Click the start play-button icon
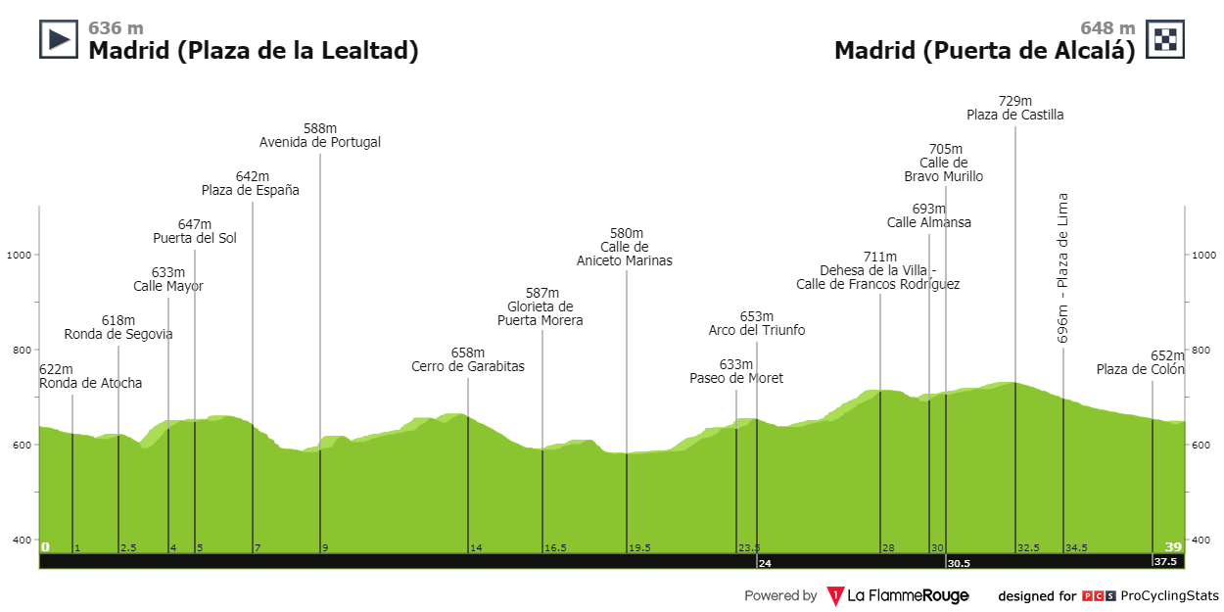tap(58, 39)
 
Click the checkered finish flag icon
tap(1165, 39)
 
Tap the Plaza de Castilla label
tap(1014, 115)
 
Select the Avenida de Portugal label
tap(320, 142)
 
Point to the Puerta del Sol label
tap(194, 238)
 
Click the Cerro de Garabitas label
tap(468, 366)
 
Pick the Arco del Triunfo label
tap(757, 330)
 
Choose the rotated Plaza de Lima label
tap(1063, 267)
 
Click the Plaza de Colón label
tap(1141, 369)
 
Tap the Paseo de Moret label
tap(736, 378)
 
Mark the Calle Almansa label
tap(929, 222)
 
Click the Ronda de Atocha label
tap(90, 383)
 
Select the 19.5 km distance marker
tap(639, 548)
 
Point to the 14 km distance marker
tap(476, 548)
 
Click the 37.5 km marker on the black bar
tap(1164, 562)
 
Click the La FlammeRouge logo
tap(898, 595)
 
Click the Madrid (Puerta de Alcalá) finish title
tap(984, 51)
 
